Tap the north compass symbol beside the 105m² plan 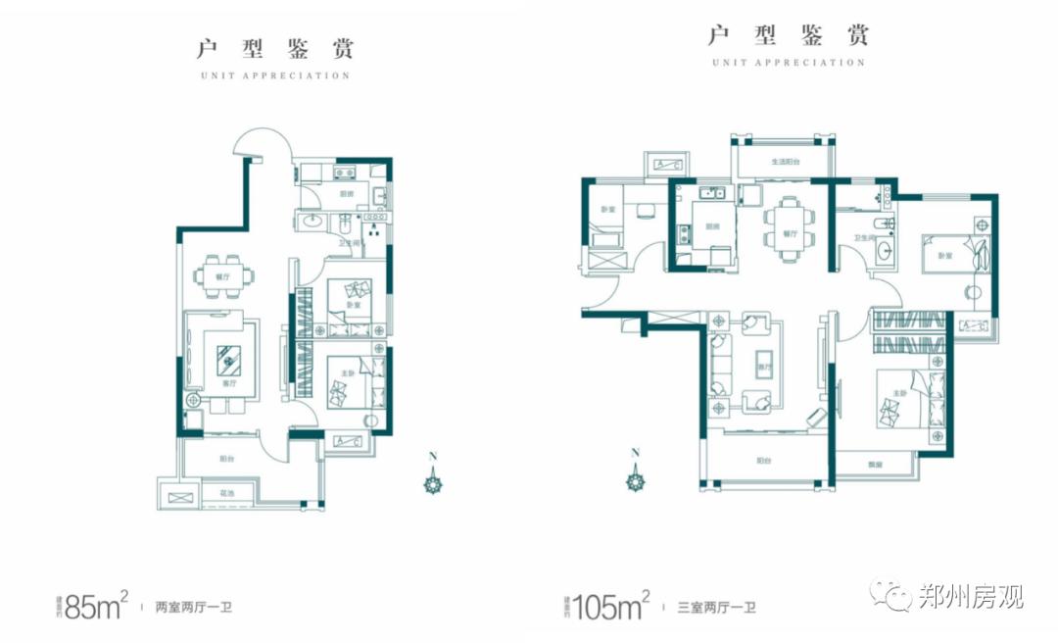(637, 478)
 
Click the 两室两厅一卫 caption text (194, 608)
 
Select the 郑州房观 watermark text (970, 595)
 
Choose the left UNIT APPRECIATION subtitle (274, 75)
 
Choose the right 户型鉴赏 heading (789, 36)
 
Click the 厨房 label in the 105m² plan (710, 227)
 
